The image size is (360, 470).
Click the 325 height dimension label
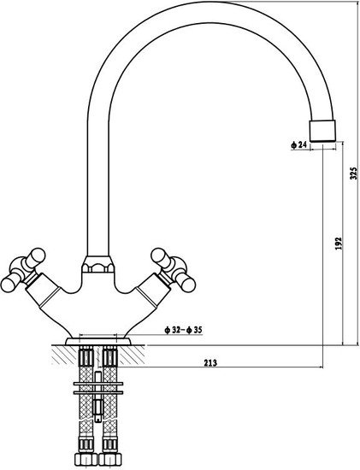354,173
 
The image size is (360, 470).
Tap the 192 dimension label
338,244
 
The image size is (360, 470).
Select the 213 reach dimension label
210,363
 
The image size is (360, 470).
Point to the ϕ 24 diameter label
298,145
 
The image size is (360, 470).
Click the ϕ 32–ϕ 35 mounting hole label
183,331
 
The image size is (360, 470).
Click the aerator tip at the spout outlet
322,131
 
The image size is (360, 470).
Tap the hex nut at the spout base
98,264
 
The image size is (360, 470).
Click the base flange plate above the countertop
97,342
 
